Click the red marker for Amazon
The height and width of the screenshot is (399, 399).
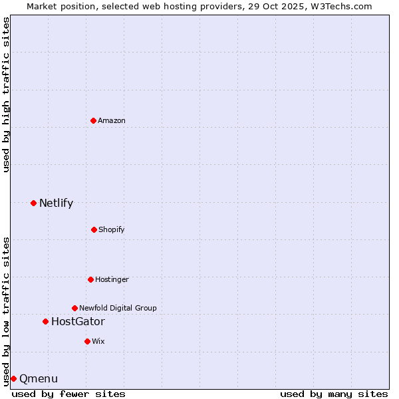[x=93, y=120]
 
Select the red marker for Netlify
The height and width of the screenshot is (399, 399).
[x=33, y=203]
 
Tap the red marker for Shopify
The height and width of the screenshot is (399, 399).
[x=94, y=229]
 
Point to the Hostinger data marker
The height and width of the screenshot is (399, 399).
[x=90, y=279]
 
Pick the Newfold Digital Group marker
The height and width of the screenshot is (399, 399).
[x=74, y=308]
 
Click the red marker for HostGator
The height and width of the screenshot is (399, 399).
[x=45, y=321]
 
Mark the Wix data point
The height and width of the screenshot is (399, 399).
[x=87, y=341]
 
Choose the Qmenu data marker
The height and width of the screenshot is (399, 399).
[x=13, y=378]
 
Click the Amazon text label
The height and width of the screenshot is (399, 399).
[x=112, y=120]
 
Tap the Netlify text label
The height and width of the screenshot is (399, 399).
[x=56, y=203]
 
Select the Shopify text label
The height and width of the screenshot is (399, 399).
[x=112, y=229]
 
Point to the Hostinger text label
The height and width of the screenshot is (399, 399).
[x=112, y=279]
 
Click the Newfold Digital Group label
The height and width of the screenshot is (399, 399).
[x=118, y=308]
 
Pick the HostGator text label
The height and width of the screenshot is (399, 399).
[x=78, y=322]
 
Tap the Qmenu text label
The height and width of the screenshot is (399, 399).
[x=39, y=379]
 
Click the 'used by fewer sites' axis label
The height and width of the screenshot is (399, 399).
[x=68, y=394]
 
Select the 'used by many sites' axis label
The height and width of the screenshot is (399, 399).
[x=334, y=394]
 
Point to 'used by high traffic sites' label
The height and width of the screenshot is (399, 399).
[x=6, y=94]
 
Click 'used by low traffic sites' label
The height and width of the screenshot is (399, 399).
[x=6, y=311]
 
